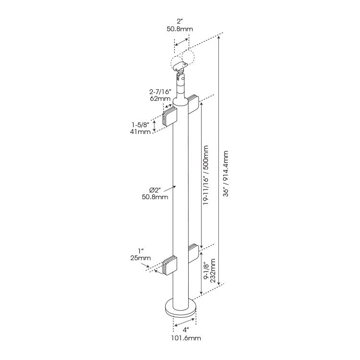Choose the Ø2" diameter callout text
click(x=155, y=189)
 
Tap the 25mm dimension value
click(x=140, y=258)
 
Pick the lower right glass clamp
click(x=193, y=253)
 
